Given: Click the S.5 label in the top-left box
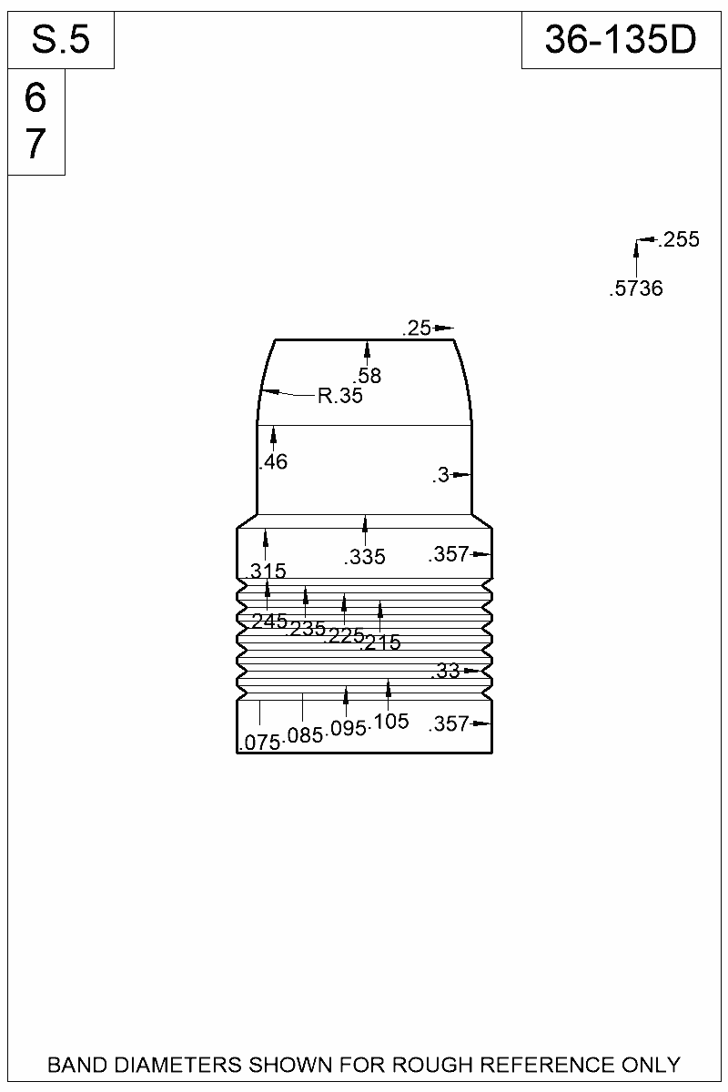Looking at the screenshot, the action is pos(61,39).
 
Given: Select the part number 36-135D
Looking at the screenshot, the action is pos(621,39).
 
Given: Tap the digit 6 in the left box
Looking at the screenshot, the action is pos(35,98).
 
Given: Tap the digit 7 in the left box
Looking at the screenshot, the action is pos(35,144).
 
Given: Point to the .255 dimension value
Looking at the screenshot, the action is pos(679,239).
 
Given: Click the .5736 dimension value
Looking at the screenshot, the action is pos(636,288).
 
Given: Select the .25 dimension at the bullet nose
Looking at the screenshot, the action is pos(417,329).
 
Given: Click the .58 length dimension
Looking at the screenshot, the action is pos(367,376).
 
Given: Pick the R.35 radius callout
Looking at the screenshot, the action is pos(339,395).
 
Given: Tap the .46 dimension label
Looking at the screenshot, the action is pos(274,461).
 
